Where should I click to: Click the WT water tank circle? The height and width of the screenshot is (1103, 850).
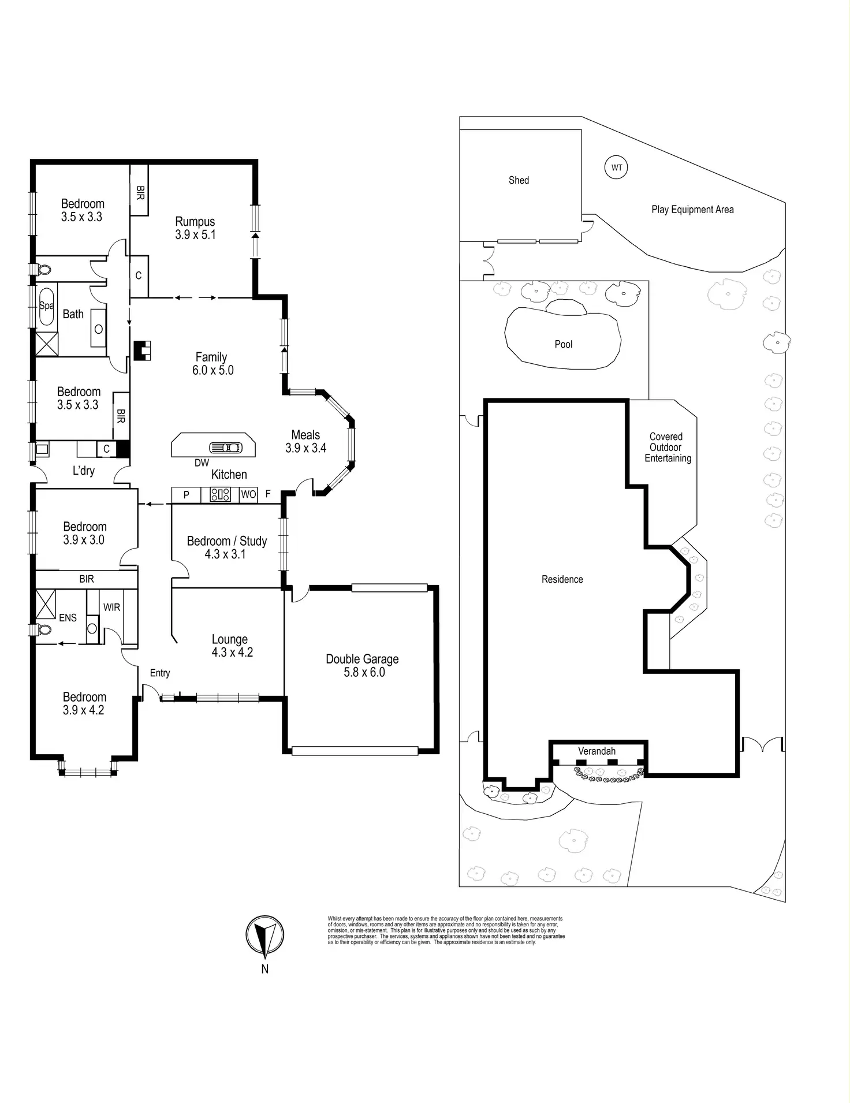(x=617, y=168)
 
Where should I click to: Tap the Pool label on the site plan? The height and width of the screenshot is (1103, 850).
(x=563, y=344)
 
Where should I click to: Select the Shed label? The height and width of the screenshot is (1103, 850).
(x=519, y=180)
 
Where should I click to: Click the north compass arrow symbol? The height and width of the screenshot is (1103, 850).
(x=264, y=936)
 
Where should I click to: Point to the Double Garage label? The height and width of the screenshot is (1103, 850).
(x=362, y=659)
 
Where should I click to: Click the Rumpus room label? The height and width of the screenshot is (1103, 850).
(x=195, y=222)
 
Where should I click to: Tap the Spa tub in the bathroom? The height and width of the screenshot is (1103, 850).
(x=46, y=306)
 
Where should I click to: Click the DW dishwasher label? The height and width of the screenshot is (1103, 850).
(x=202, y=463)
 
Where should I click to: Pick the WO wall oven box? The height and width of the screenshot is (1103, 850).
(x=248, y=494)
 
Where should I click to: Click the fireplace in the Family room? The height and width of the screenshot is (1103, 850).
(x=142, y=351)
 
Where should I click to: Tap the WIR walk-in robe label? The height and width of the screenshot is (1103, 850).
(x=111, y=607)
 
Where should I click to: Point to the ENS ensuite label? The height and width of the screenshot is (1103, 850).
(x=68, y=617)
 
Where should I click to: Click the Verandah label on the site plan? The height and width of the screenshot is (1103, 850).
(x=597, y=751)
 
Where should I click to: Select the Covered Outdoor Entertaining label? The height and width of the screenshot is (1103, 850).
(x=667, y=447)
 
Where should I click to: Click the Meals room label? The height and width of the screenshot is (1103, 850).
(x=305, y=435)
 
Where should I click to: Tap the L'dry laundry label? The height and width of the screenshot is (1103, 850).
(x=84, y=471)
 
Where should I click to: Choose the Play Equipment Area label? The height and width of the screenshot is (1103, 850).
(x=692, y=210)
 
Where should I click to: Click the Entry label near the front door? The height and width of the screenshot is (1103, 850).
(x=160, y=673)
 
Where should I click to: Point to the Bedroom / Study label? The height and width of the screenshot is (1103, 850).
(x=226, y=541)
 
